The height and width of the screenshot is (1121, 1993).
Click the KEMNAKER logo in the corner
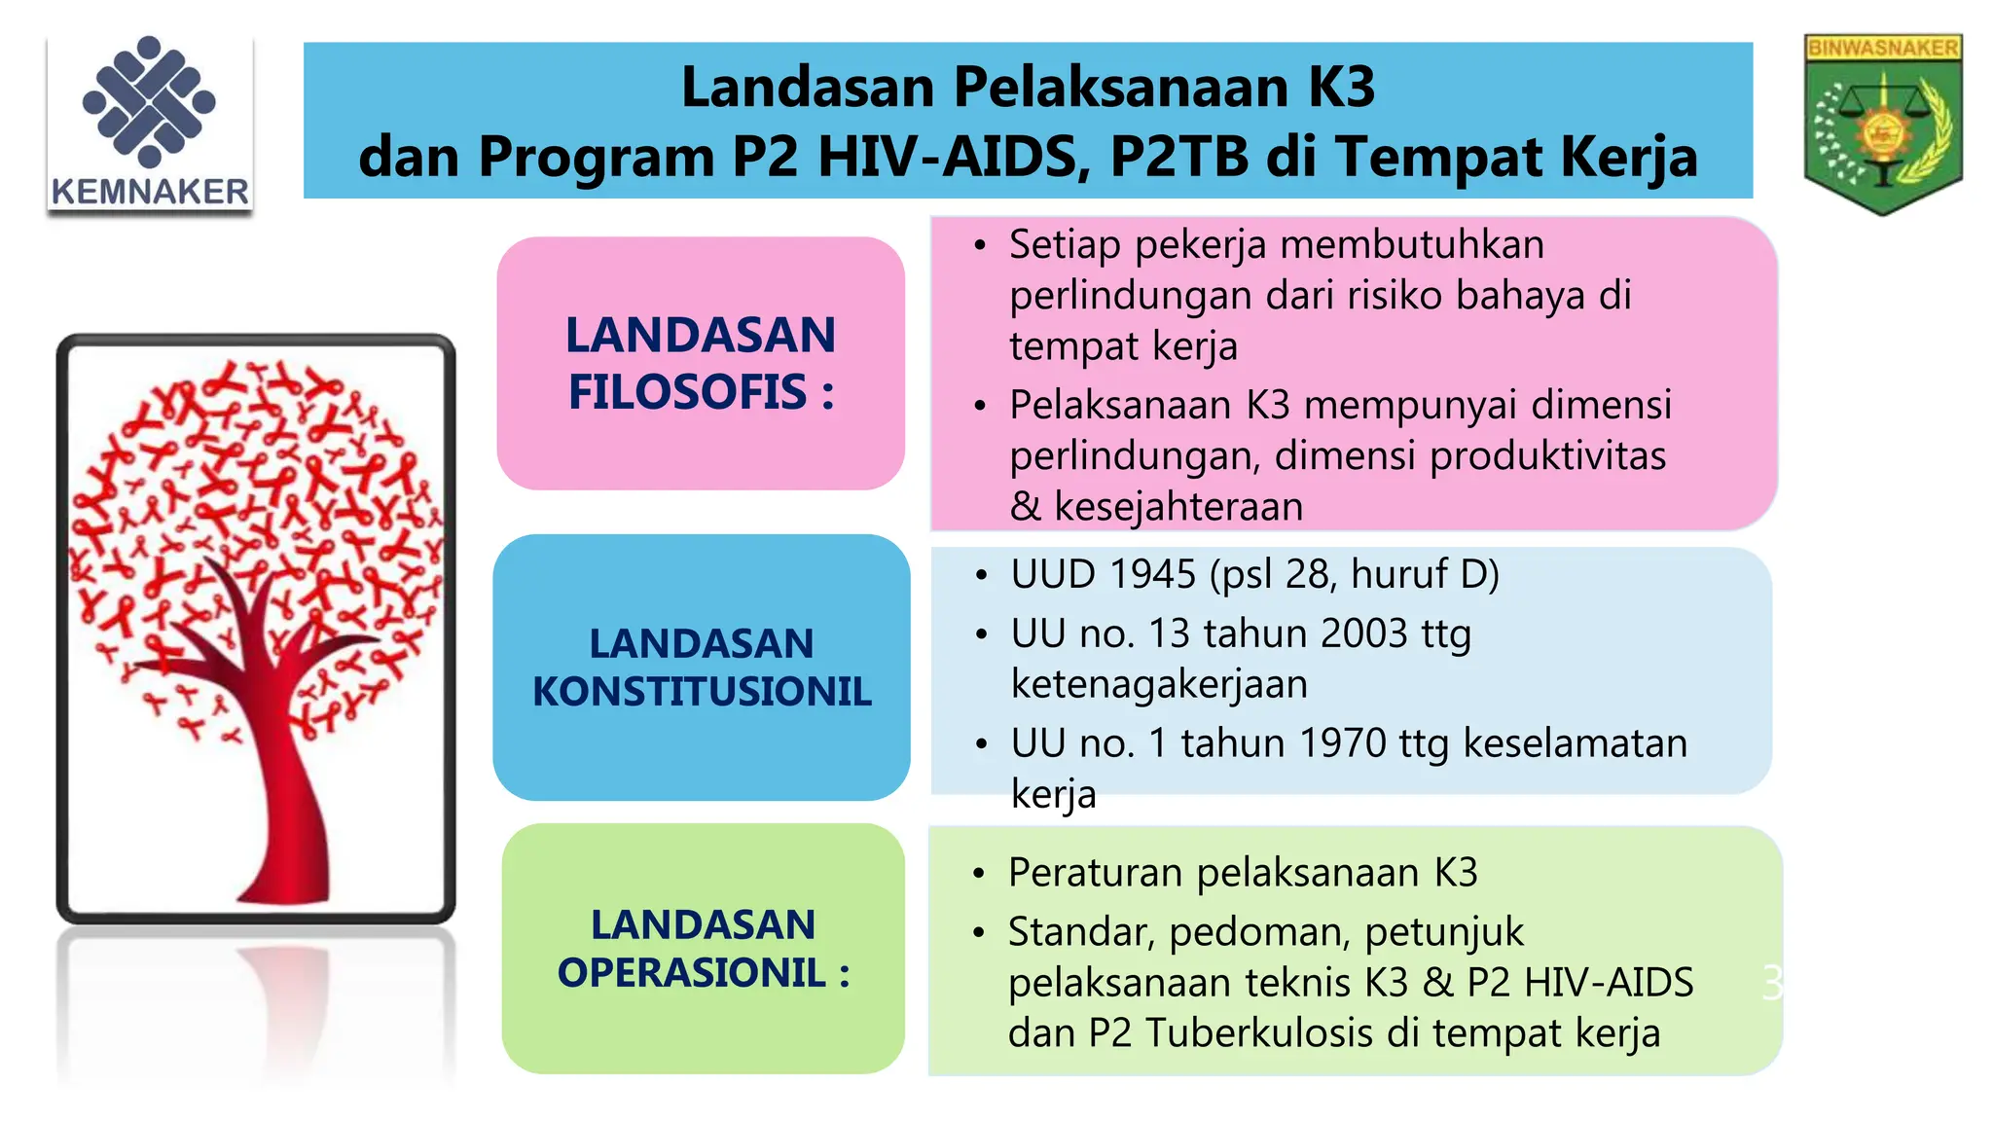pyautogui.click(x=150, y=124)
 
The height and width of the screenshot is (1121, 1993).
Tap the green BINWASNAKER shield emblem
pyautogui.click(x=1882, y=124)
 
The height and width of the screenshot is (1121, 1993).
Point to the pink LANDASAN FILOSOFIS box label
pyautogui.click(x=701, y=363)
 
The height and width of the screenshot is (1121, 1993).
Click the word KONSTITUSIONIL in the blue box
pyautogui.click(x=702, y=692)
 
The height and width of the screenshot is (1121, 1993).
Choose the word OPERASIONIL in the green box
pyautogui.click(x=691, y=972)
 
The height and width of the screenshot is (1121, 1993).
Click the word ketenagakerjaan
pyautogui.click(x=1159, y=684)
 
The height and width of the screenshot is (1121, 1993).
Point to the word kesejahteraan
pyautogui.click(x=1178, y=507)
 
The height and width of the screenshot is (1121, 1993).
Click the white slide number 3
pyautogui.click(x=1771, y=984)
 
